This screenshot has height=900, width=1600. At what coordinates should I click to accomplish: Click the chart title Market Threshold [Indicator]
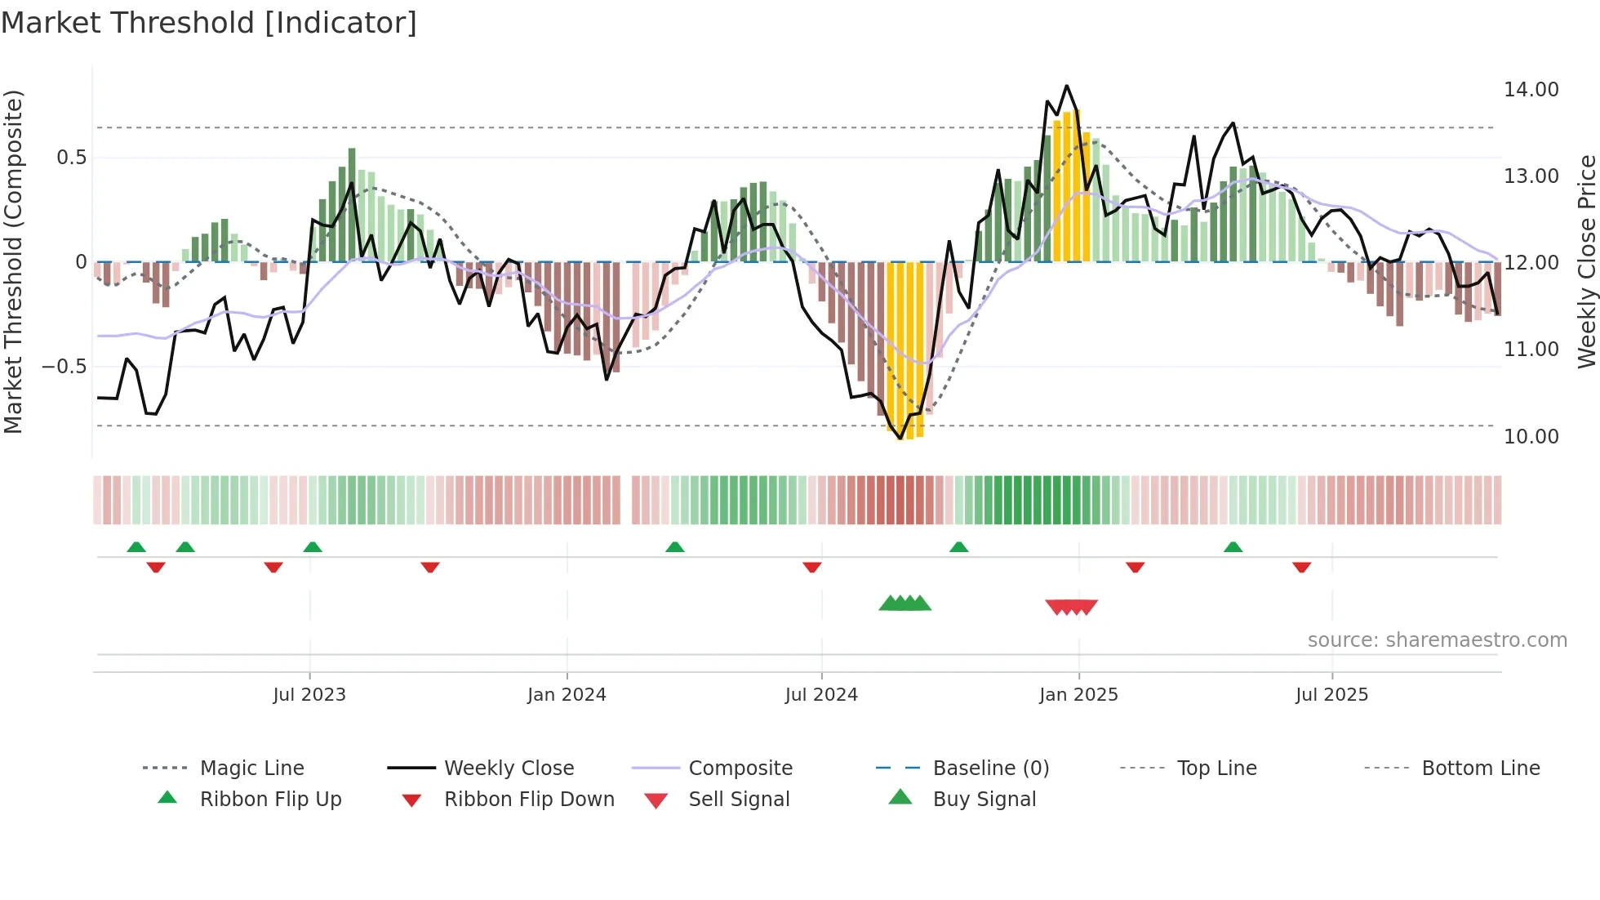(209, 23)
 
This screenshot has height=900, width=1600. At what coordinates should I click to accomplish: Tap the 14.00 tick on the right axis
(1531, 90)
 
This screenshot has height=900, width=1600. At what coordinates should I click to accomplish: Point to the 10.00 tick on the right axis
(1531, 437)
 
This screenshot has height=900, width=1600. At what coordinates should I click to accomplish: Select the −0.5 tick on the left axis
(64, 367)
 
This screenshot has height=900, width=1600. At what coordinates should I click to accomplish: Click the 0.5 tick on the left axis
(71, 158)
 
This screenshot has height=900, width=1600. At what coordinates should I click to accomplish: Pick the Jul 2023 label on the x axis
(309, 695)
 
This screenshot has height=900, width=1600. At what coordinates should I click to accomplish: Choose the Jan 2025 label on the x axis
(1078, 695)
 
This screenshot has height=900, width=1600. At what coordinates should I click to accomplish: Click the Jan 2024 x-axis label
(567, 695)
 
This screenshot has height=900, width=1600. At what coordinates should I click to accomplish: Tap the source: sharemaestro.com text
(1437, 640)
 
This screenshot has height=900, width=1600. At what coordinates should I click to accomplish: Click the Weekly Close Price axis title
(1586, 261)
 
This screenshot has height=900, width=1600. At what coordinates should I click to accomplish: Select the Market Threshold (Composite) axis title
(13, 261)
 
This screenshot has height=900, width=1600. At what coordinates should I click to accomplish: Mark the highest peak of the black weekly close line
(1066, 86)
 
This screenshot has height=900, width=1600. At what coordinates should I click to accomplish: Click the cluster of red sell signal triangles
(1071, 607)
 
